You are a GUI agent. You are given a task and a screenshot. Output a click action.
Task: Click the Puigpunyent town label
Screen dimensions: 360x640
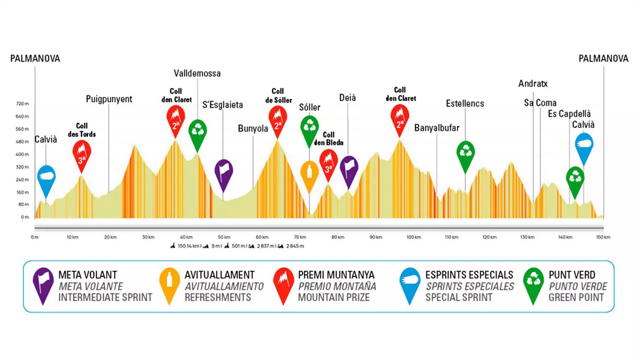click(109, 99)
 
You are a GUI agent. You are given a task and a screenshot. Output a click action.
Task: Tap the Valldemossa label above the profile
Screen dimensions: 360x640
click(197, 73)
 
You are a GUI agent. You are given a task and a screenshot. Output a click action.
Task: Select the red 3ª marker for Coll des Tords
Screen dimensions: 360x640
click(81, 152)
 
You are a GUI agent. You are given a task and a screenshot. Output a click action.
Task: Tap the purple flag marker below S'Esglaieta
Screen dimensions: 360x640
click(223, 171)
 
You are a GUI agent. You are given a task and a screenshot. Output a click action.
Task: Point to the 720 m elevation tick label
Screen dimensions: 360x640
click(23, 103)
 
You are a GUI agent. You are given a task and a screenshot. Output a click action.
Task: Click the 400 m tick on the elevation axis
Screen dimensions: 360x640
click(23, 154)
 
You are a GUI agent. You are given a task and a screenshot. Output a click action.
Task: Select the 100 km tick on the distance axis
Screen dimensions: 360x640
click(413, 237)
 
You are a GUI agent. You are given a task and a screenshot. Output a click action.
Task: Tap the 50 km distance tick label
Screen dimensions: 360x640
click(224, 237)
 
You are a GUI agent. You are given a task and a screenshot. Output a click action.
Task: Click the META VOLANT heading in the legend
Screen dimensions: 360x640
click(87, 275)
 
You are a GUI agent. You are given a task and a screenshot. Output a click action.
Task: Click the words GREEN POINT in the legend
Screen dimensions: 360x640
click(576, 297)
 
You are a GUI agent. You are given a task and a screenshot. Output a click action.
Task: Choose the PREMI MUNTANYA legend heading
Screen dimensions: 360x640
click(336, 275)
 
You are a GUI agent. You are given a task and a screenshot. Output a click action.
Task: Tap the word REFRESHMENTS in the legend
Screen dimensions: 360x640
click(217, 297)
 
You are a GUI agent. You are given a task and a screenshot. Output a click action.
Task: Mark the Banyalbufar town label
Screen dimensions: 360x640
click(436, 128)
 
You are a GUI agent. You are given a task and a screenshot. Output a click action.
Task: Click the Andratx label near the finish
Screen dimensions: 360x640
click(533, 83)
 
